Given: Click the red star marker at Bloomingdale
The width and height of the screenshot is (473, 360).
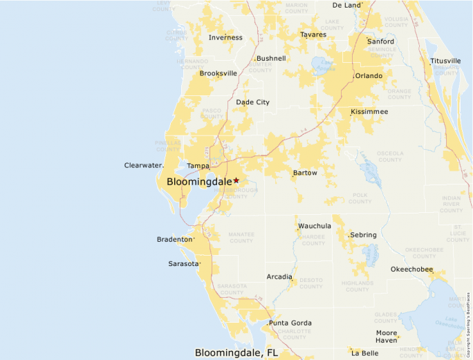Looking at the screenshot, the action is coord(236,180).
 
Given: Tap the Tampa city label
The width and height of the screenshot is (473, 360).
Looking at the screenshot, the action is coord(198,166).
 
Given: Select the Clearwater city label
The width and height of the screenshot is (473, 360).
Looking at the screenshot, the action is coord(142,165).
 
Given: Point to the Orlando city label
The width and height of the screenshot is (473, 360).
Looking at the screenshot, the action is coord(369,76).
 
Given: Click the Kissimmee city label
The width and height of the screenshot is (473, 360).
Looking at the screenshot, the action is coord(369,111).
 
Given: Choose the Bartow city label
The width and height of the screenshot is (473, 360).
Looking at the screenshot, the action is coord(305,173).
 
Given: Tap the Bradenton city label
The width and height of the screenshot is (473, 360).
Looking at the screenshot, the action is coord(175,239).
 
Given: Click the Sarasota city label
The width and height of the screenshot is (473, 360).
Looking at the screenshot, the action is coord(183,263).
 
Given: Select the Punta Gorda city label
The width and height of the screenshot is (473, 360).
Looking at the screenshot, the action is coord(290,323).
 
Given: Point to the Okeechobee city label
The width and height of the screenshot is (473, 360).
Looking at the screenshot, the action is coord(411,269).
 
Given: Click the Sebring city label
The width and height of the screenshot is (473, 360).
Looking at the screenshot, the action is coord(363,235).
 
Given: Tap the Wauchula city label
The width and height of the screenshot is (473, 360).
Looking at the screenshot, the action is coord(315,226).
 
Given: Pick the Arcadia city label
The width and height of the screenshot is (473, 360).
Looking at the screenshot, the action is coord(279,276).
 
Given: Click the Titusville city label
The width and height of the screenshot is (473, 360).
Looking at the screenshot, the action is coord(445,61).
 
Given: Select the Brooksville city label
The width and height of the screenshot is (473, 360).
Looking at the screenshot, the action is coord(219,73).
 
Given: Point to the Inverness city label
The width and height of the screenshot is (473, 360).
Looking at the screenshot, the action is coord(225,37).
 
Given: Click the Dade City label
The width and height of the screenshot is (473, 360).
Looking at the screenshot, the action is coord(253,102).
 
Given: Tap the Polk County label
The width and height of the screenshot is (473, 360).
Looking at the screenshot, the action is coord(360,199).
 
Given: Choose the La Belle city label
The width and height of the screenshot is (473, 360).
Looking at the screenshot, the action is coord(365,353).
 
